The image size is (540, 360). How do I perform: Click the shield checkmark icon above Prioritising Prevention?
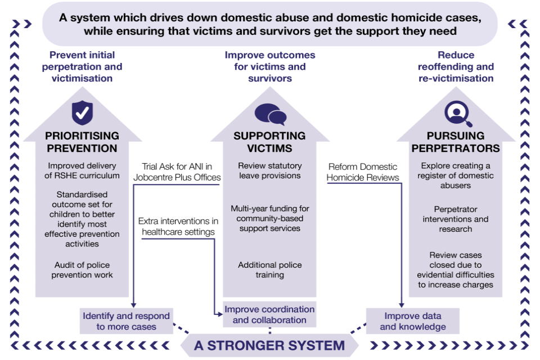82,112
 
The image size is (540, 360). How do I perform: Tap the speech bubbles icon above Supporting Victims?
270,114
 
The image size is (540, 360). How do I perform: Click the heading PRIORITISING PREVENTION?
82,142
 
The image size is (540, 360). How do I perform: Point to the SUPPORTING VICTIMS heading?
270,142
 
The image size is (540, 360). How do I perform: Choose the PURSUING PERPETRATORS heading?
456,142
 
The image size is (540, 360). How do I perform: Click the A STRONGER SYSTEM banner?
269,345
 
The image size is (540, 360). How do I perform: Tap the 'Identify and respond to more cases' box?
127,321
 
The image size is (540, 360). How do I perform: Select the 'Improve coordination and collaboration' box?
269,315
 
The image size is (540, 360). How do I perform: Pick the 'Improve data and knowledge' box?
413,321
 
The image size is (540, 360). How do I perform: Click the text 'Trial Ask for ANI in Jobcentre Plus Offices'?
177,172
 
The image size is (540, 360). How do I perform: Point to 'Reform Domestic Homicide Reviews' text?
363,172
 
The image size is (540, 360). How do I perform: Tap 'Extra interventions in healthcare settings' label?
178,227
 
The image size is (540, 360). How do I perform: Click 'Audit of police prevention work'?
82,270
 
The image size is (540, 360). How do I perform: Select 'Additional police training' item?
269,270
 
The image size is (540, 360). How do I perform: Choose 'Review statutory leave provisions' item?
269,171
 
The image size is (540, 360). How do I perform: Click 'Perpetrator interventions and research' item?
456,219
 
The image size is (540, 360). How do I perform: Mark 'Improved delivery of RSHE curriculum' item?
82,171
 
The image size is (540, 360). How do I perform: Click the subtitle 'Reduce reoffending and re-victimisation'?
456,66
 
